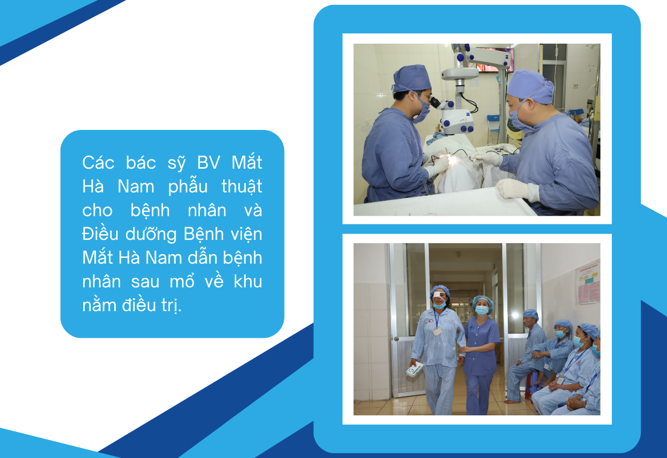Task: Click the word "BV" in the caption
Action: pyautogui.click(x=209, y=163)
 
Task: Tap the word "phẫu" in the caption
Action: pyautogui.click(x=188, y=187)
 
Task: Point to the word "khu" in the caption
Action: pyautogui.click(x=248, y=281)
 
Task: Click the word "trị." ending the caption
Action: pyautogui.click(x=171, y=305)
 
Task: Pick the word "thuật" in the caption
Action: pyautogui.click(x=242, y=187)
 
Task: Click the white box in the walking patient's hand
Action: pyautogui.click(x=414, y=369)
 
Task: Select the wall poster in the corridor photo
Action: pyautogui.click(x=588, y=283)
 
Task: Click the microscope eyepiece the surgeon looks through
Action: pyautogui.click(x=435, y=102)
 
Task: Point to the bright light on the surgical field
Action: pyautogui.click(x=452, y=160)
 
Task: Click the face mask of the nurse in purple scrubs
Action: pyautogui.click(x=482, y=310)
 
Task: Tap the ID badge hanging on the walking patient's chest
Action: pyautogui.click(x=437, y=332)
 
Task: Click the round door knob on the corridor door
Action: pyautogui.click(x=396, y=339)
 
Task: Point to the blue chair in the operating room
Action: pyautogui.click(x=493, y=125)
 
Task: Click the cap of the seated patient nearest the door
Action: pyautogui.click(x=531, y=314)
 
